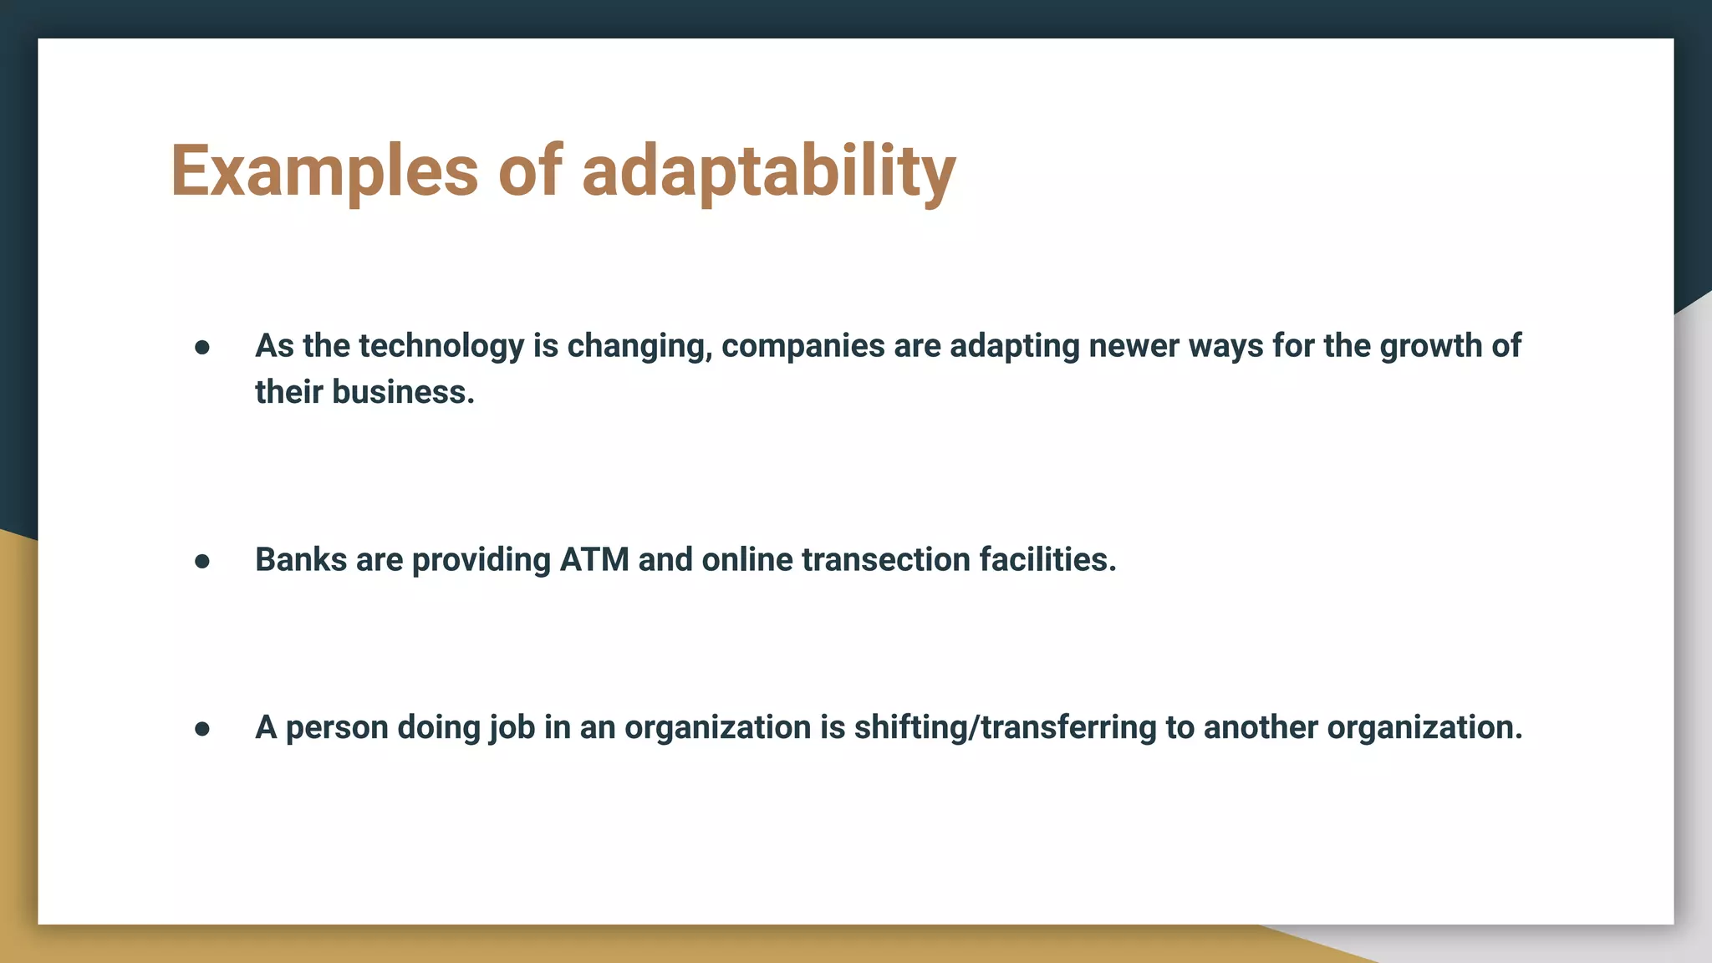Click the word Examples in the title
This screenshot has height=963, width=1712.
(324, 171)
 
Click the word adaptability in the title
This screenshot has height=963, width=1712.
(768, 171)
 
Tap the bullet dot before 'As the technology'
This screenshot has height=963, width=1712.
(202, 347)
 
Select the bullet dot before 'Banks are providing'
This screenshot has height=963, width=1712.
(202, 561)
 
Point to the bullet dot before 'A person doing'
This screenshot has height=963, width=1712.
(202, 729)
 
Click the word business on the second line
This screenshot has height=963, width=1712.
(403, 392)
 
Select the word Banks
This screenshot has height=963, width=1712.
(301, 560)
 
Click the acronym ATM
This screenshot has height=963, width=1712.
(594, 560)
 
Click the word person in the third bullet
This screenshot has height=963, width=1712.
(337, 728)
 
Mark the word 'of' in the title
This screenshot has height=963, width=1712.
(530, 171)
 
